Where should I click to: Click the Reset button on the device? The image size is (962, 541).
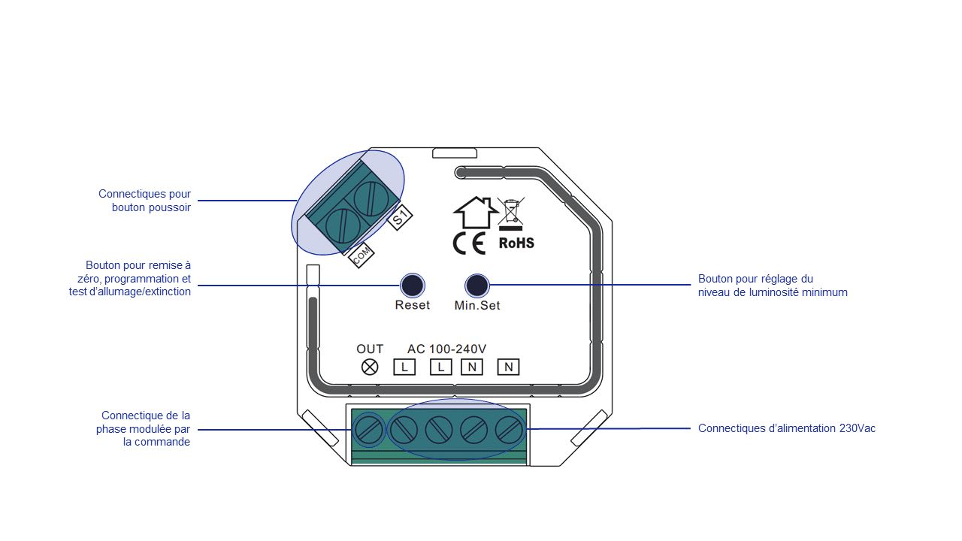click(x=413, y=286)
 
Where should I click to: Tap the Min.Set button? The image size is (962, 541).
click(x=476, y=286)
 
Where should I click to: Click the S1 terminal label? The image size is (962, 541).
click(x=400, y=218)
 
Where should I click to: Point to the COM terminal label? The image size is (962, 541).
click(x=362, y=256)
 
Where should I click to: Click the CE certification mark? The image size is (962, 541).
click(x=470, y=243)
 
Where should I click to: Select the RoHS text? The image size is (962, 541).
click(x=516, y=243)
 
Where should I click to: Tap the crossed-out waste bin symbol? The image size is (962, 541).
click(x=510, y=213)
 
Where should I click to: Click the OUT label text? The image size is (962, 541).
click(x=370, y=349)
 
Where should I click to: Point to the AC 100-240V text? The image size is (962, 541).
click(x=446, y=349)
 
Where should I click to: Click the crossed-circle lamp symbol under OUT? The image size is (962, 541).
click(x=370, y=367)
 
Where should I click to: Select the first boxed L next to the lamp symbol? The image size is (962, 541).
click(x=404, y=367)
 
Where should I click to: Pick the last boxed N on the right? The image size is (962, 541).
click(x=509, y=367)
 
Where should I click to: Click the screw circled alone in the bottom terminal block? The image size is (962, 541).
click(x=369, y=430)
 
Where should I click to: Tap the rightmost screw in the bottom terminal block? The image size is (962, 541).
click(x=509, y=430)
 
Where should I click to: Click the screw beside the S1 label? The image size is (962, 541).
click(x=371, y=199)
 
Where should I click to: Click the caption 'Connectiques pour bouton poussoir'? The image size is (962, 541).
click(x=145, y=201)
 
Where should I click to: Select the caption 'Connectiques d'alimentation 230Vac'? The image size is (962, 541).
click(x=787, y=428)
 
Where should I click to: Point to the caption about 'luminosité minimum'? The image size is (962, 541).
click(x=773, y=286)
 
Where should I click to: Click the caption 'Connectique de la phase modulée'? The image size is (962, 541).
click(x=143, y=429)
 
